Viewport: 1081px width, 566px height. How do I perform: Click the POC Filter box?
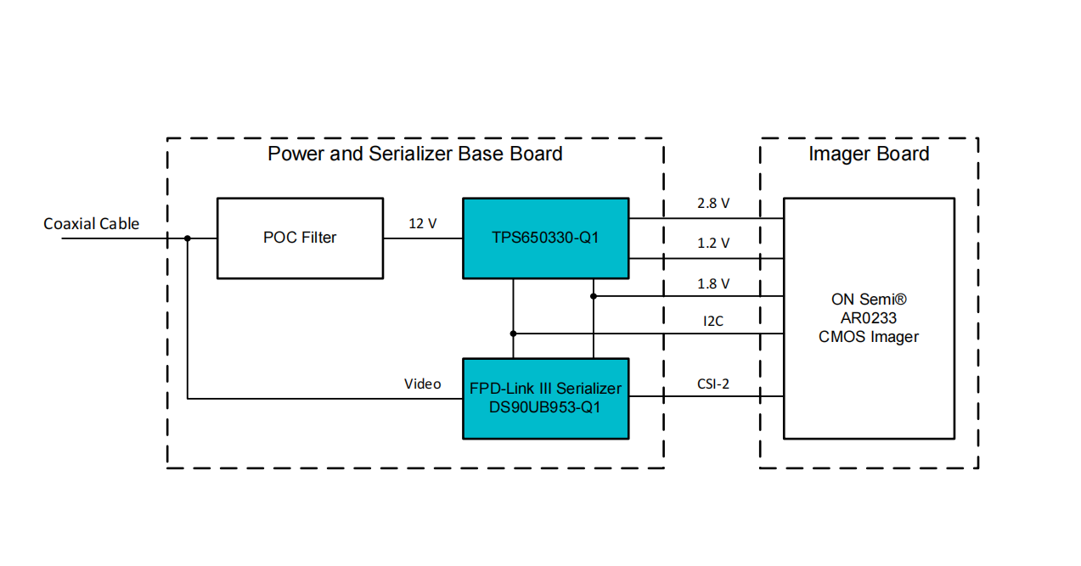coord(300,238)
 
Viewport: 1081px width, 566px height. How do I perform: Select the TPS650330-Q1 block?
coord(545,238)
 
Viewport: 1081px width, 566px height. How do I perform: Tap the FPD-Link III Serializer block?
coord(545,398)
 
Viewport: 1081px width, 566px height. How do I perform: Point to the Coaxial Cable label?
coord(92,224)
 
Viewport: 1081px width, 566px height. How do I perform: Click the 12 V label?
coord(423,224)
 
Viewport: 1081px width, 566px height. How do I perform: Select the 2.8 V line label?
coord(713,204)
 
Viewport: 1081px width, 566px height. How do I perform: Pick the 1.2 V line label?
coord(713,244)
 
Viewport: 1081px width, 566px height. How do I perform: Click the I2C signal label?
coord(713,322)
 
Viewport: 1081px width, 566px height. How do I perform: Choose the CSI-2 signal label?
coord(713,384)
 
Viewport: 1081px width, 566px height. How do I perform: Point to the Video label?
coord(422,384)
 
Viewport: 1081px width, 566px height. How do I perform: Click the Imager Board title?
coord(869,154)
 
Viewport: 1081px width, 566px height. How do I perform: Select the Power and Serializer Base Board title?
coord(414,154)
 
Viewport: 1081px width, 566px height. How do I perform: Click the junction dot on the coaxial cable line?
coord(188,238)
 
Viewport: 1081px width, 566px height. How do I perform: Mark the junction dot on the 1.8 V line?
coord(594,296)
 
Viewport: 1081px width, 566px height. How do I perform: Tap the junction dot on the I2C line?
coord(513,333)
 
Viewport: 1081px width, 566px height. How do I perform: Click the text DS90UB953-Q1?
coord(545,407)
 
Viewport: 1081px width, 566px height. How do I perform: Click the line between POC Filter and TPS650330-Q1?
coord(422,238)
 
